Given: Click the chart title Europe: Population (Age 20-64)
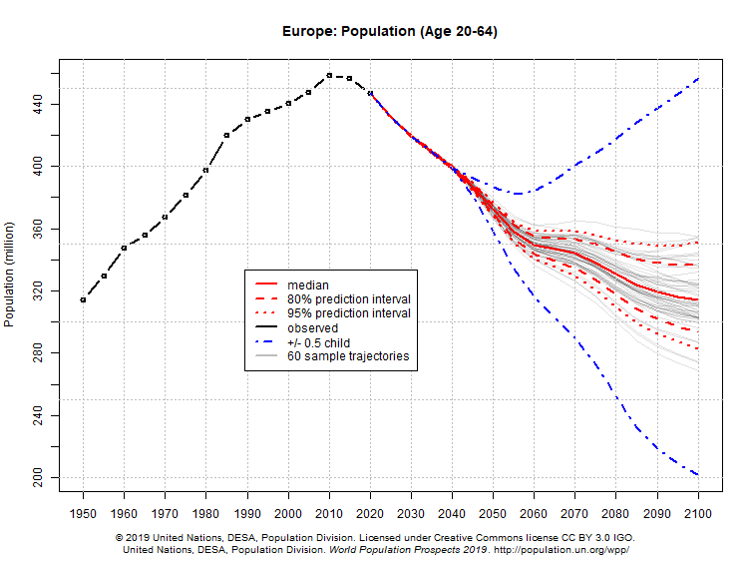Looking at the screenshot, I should coord(390,31).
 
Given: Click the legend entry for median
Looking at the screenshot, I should coord(308,285).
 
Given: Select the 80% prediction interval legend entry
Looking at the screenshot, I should coord(348,299).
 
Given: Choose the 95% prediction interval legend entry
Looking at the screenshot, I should coord(348,313).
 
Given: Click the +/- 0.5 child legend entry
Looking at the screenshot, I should coord(318,342).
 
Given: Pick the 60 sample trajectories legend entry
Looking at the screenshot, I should coord(348,356).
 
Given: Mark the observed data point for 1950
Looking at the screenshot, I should coord(83,299).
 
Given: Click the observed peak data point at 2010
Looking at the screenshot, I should coord(329,75).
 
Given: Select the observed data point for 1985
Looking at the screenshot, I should coord(226,135).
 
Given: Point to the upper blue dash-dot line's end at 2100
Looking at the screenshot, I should coord(698,78).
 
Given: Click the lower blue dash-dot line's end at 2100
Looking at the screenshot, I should coord(698,475).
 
